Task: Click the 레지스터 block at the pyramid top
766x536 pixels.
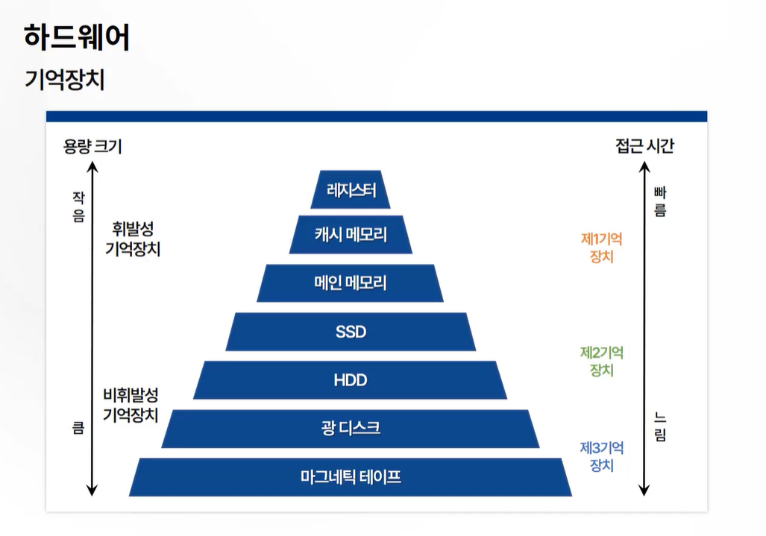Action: coord(351,190)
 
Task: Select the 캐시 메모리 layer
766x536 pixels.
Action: coord(351,235)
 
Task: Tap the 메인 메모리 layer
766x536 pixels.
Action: coord(351,283)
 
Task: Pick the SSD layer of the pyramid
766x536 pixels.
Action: coord(351,332)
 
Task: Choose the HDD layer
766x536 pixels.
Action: coord(351,380)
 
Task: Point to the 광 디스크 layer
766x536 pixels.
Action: coord(351,429)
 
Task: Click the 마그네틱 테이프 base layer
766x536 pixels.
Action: coord(351,477)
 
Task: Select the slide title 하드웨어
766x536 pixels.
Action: coord(77,37)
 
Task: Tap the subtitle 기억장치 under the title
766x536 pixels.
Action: coord(65,79)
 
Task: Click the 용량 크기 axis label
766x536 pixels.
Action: coord(92,147)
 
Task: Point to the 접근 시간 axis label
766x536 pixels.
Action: coord(644,146)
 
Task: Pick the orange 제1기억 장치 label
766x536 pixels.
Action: coord(601,248)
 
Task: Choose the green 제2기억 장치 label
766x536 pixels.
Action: coord(601,361)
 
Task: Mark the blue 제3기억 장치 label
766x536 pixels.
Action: coord(601,456)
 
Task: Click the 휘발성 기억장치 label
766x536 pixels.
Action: coord(133,239)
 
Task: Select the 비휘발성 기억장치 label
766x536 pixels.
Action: coord(131,405)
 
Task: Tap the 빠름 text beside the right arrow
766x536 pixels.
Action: coord(659,202)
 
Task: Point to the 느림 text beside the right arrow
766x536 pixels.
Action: coord(659,426)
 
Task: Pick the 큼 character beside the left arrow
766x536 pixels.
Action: coord(78,429)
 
